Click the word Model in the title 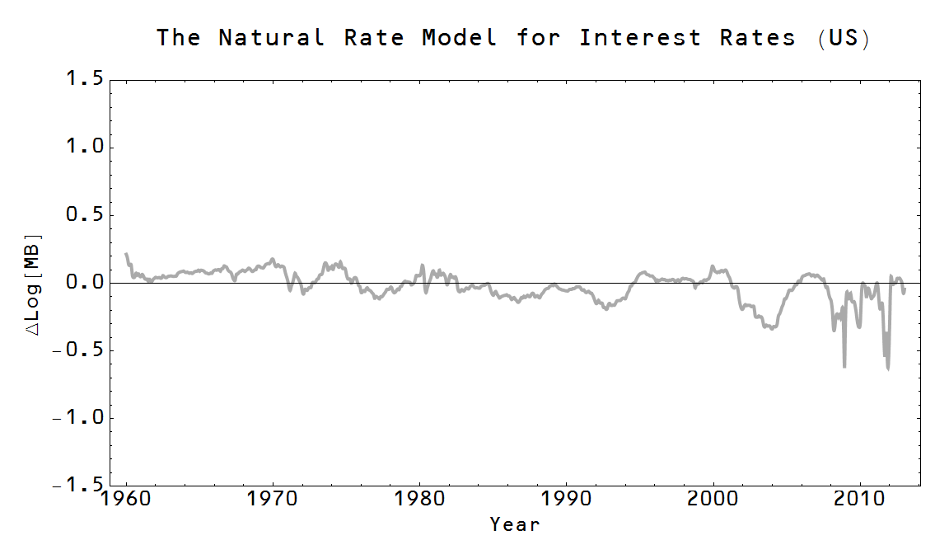pos(459,38)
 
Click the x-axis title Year pos(515,524)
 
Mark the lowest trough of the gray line pos(888,369)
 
